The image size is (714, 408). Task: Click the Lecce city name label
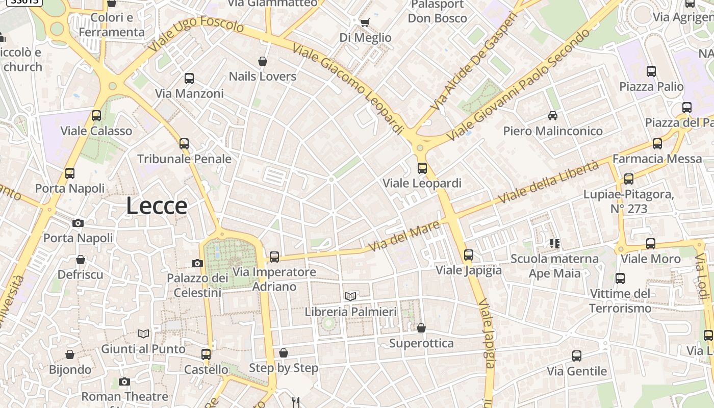pyautogui.click(x=157, y=206)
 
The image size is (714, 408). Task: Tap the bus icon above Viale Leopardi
pyautogui.click(x=422, y=168)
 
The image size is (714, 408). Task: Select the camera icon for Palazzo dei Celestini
pyautogui.click(x=197, y=263)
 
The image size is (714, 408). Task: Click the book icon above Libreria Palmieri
pyautogui.click(x=350, y=296)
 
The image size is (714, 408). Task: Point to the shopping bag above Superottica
pyautogui.click(x=421, y=328)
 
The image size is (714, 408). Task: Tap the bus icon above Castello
pyautogui.click(x=206, y=354)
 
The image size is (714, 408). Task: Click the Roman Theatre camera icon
pyautogui.click(x=124, y=381)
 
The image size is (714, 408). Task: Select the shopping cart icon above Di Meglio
pyautogui.click(x=365, y=22)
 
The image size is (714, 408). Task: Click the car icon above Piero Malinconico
pyautogui.click(x=553, y=116)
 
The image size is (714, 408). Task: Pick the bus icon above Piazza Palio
pyautogui.click(x=651, y=71)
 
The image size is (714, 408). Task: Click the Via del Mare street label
pyautogui.click(x=404, y=236)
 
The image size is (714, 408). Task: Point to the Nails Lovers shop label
pyautogui.click(x=263, y=76)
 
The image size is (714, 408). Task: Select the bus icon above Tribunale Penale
pyautogui.click(x=184, y=144)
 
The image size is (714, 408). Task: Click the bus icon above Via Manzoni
pyautogui.click(x=189, y=79)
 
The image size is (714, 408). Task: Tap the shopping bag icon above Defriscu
pyautogui.click(x=81, y=260)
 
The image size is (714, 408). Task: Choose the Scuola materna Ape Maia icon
pyautogui.click(x=555, y=244)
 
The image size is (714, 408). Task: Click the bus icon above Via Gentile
pyautogui.click(x=577, y=356)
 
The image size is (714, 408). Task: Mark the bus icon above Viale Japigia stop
pyautogui.click(x=469, y=255)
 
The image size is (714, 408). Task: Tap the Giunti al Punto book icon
pyautogui.click(x=143, y=334)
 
